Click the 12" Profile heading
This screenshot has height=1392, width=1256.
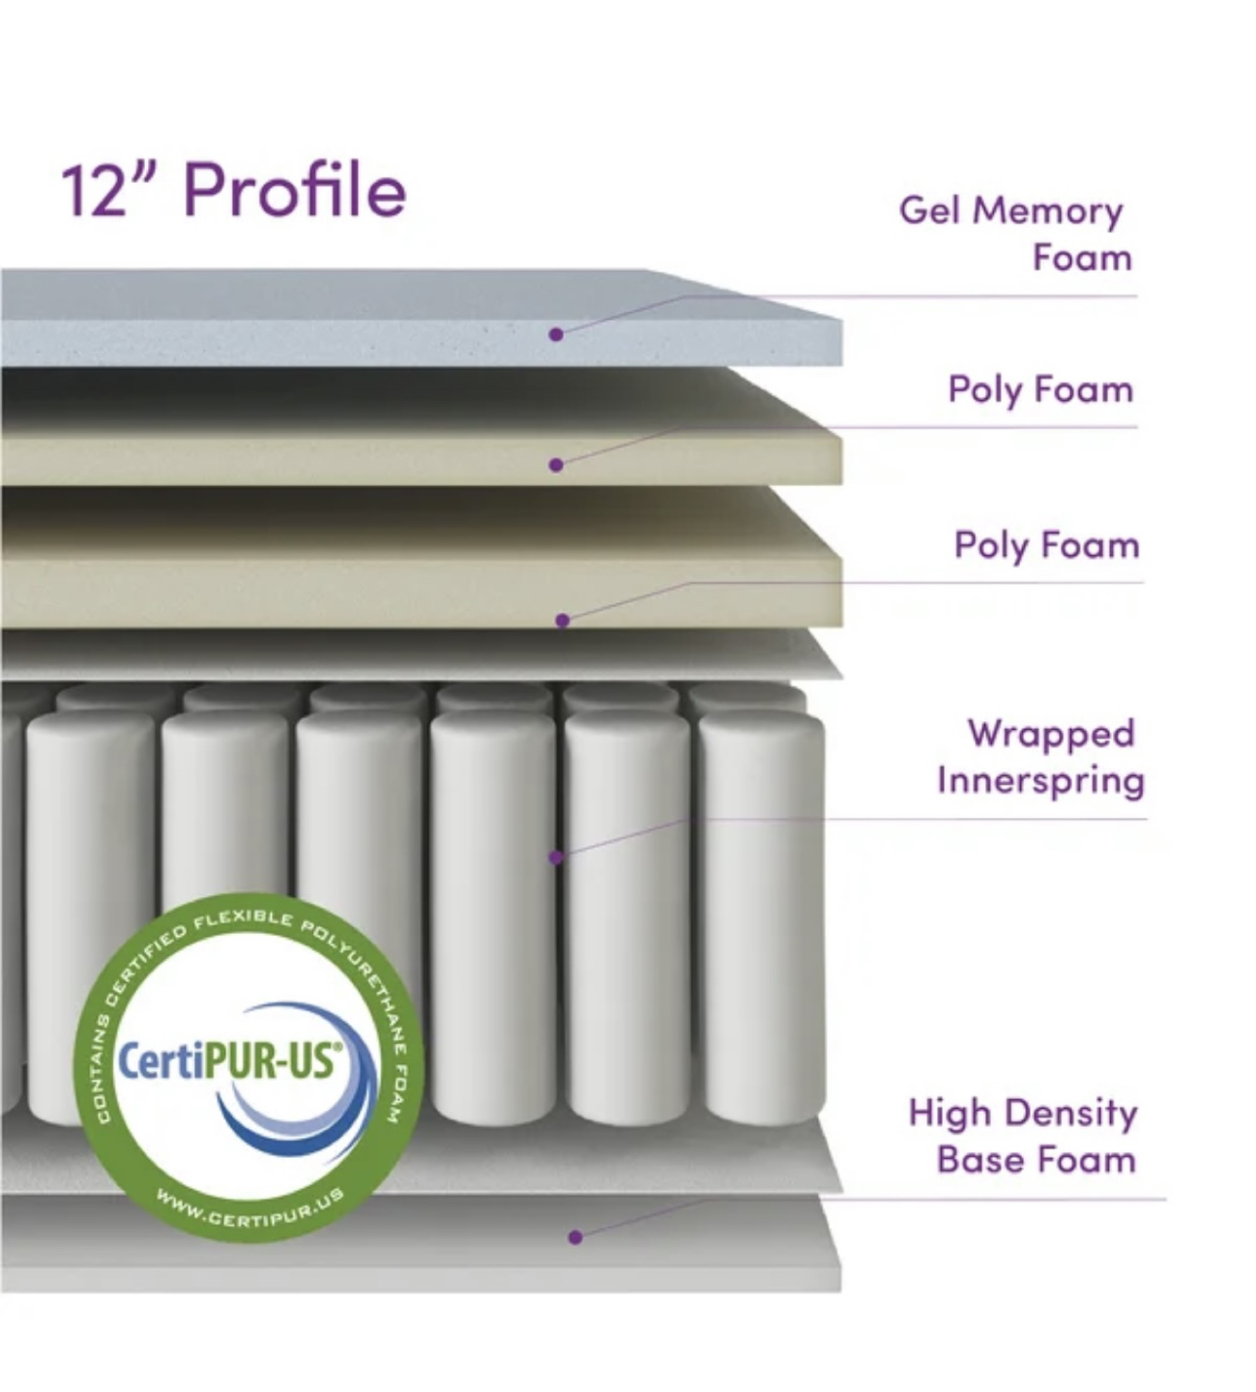[x=234, y=191]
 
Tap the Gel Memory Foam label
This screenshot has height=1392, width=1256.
[x=1015, y=234]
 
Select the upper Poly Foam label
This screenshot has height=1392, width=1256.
[x=1040, y=390]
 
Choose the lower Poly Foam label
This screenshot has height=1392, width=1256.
[x=1047, y=546]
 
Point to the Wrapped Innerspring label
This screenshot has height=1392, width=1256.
[x=1040, y=757]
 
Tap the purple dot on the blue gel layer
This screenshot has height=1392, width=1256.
[x=555, y=334]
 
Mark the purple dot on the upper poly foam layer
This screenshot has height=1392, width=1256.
[x=555, y=465]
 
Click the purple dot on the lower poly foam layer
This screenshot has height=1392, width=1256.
[x=563, y=621]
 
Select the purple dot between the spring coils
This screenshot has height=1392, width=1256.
[x=555, y=857]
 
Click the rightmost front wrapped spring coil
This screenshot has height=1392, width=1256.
[x=762, y=916]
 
